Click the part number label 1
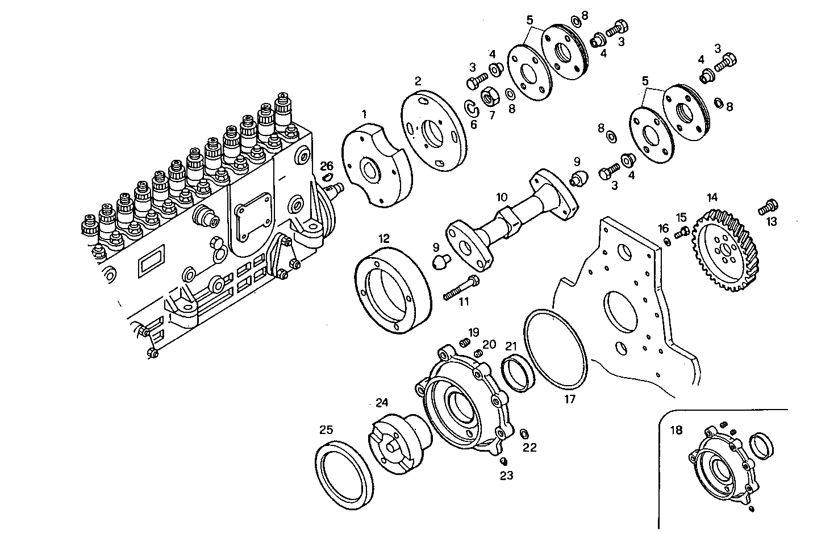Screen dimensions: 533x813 coord(364,115)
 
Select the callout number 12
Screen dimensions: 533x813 coord(384,237)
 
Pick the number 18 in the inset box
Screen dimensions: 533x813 coord(676,430)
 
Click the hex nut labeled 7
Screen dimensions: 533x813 coord(490,98)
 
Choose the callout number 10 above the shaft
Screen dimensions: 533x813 coord(501,197)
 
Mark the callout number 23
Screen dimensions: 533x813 coord(506,476)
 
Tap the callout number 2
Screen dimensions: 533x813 coord(418,81)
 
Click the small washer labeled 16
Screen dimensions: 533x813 coord(667,242)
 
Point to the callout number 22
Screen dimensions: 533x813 coord(529,448)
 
